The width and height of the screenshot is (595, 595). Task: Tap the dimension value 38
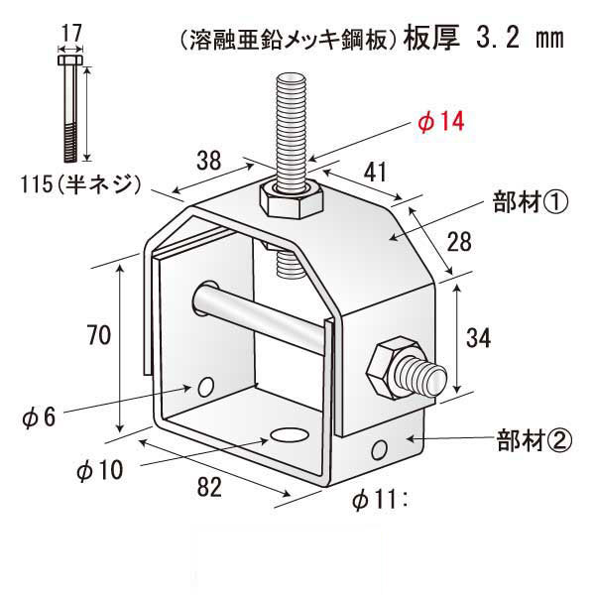(208, 159)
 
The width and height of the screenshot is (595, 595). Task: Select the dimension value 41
(376, 173)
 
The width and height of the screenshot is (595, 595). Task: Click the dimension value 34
(478, 338)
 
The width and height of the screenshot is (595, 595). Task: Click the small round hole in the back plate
(206, 386)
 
